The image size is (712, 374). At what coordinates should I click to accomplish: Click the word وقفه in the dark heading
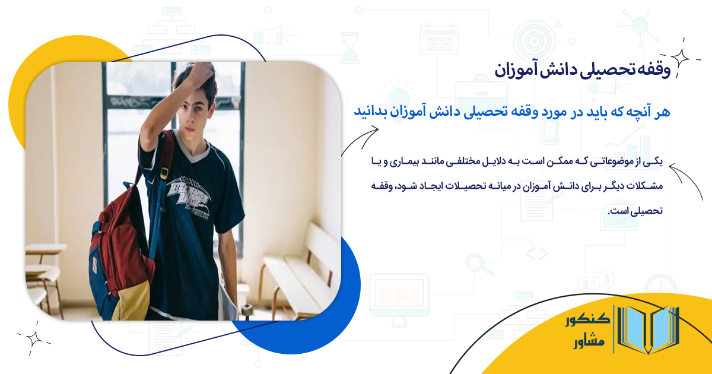[x=654, y=70]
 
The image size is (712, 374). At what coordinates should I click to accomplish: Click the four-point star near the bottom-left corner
[x=34, y=338]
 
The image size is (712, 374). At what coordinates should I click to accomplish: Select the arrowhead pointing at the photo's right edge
[x=346, y=153]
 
